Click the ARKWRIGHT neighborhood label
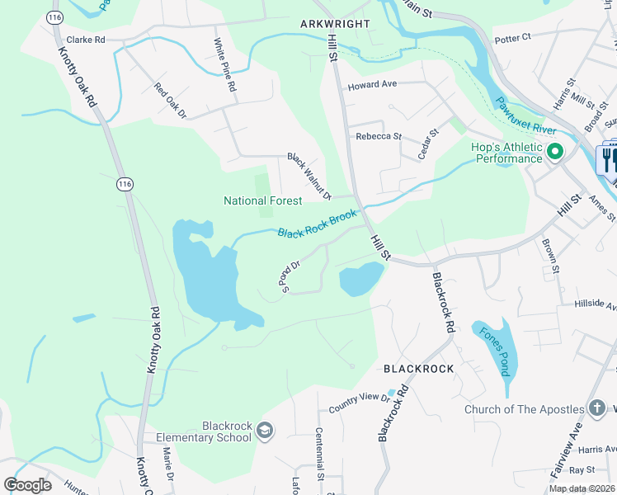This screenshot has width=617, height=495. click(335, 24)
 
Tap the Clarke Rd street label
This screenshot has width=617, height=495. click(86, 40)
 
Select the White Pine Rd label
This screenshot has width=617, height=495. click(225, 65)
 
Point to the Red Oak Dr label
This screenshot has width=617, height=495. click(171, 99)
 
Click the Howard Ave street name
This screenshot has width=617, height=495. click(372, 85)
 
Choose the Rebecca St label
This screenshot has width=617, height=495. click(378, 137)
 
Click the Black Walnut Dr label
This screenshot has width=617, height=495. click(308, 176)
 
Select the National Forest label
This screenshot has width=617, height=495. click(262, 200)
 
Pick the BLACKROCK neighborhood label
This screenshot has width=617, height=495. click(418, 369)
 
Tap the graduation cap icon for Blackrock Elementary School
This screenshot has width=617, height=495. click(264, 431)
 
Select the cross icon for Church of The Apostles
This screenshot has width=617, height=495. click(596, 409)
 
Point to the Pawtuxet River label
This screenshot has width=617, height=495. click(525, 116)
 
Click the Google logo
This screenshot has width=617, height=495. click(27, 485)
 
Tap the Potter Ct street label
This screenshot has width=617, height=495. click(512, 39)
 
